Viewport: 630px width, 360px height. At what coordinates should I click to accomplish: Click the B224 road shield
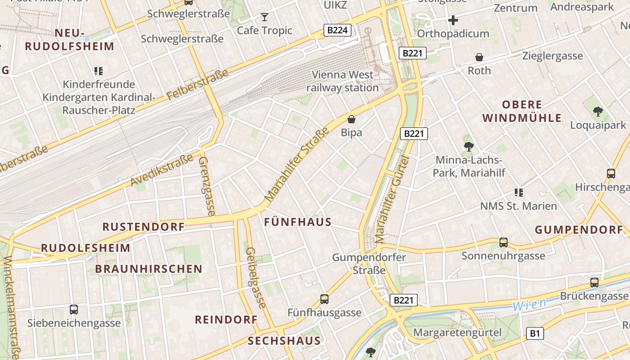(x=337, y=30)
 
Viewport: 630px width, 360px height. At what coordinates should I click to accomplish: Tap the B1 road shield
(x=535, y=333)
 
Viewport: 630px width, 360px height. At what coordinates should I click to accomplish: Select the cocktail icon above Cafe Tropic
(x=265, y=17)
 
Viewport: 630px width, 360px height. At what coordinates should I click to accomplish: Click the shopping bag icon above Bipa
(x=351, y=119)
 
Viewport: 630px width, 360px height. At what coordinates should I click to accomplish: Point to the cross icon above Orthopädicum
(x=453, y=20)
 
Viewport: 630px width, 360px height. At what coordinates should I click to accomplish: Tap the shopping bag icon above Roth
(x=479, y=57)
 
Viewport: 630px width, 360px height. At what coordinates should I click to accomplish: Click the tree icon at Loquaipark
(x=598, y=111)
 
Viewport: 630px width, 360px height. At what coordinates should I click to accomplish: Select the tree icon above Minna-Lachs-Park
(x=468, y=146)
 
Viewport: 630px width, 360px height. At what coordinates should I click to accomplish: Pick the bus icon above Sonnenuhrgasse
(x=504, y=243)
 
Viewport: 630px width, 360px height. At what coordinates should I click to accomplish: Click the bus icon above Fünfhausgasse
(x=324, y=299)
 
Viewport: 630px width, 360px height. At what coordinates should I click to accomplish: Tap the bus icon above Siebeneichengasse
(x=74, y=310)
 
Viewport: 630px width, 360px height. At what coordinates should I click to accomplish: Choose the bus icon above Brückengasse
(x=594, y=283)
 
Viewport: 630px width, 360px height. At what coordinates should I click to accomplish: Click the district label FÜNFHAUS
(x=298, y=222)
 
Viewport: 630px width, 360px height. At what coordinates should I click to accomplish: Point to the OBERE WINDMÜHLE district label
(x=522, y=111)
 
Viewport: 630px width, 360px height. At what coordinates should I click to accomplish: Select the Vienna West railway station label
(x=342, y=81)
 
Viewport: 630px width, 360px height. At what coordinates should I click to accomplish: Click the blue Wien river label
(x=529, y=305)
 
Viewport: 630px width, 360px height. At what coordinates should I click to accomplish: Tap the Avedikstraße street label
(x=162, y=170)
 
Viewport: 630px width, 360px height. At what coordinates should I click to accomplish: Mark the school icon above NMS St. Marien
(x=519, y=193)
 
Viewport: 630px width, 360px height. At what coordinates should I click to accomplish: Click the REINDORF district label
(x=226, y=319)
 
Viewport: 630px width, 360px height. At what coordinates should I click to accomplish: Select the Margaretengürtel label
(x=457, y=333)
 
